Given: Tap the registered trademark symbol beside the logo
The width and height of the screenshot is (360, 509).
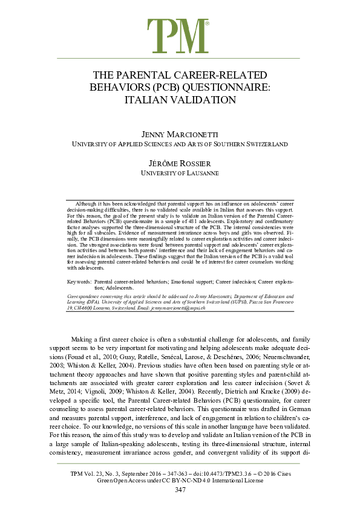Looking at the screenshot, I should coord(208,24).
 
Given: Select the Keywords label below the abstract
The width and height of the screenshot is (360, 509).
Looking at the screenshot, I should coord(79,282).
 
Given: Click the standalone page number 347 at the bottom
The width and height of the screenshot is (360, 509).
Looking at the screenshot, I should coord(180,490).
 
